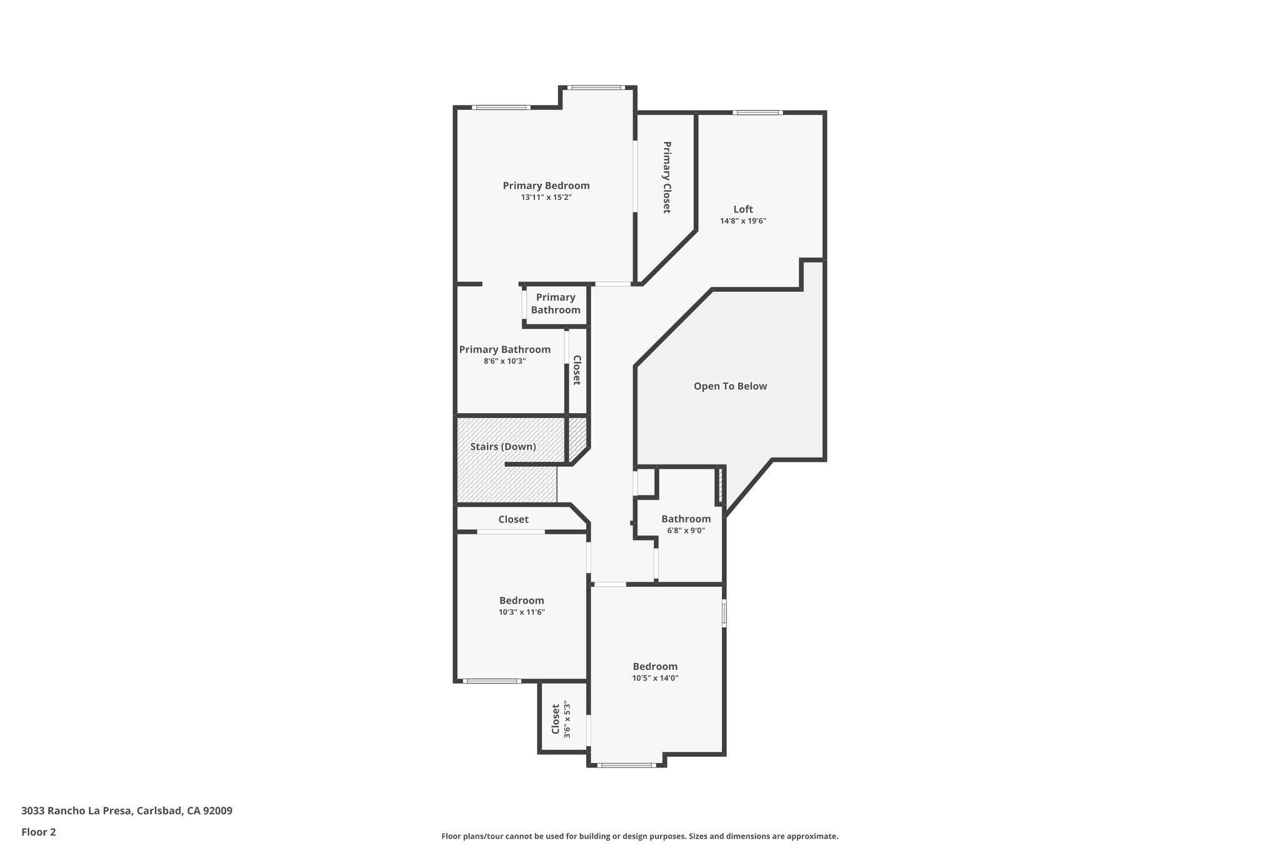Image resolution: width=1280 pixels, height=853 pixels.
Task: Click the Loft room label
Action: (742, 209)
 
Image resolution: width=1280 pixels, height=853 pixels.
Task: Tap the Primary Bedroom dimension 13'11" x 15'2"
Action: (546, 197)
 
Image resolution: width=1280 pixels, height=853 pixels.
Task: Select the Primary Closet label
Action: (666, 177)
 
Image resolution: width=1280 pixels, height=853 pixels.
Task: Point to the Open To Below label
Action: (730, 386)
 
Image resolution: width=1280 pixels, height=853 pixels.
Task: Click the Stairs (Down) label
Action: (503, 447)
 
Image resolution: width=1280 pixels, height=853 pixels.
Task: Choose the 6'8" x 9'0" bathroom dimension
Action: (686, 531)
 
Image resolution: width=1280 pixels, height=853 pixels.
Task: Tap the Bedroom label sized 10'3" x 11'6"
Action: (521, 601)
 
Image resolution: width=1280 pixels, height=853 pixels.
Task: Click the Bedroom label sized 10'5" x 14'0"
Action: (655, 667)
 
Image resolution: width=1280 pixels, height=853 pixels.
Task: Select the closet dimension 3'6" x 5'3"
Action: (567, 719)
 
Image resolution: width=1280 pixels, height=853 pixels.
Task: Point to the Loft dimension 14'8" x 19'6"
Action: (742, 221)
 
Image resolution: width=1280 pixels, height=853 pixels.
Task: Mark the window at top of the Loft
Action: (757, 112)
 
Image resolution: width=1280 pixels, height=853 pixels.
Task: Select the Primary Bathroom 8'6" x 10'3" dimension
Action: (504, 361)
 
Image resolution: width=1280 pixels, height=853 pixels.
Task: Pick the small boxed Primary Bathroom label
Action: (556, 304)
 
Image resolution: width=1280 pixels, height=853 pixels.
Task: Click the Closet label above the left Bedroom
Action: (513, 519)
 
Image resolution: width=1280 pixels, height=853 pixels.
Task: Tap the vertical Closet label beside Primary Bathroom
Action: (577, 370)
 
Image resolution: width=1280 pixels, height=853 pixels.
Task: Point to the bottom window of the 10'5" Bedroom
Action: (626, 765)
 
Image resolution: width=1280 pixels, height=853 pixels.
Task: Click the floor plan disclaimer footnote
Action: (639, 836)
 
